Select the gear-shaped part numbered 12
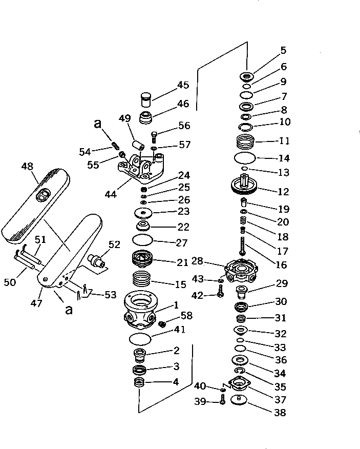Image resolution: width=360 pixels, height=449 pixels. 247,185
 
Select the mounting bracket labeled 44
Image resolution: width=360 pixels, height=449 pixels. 140,170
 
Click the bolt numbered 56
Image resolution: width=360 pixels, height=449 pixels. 154,136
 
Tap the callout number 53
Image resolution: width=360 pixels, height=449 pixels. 110,295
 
